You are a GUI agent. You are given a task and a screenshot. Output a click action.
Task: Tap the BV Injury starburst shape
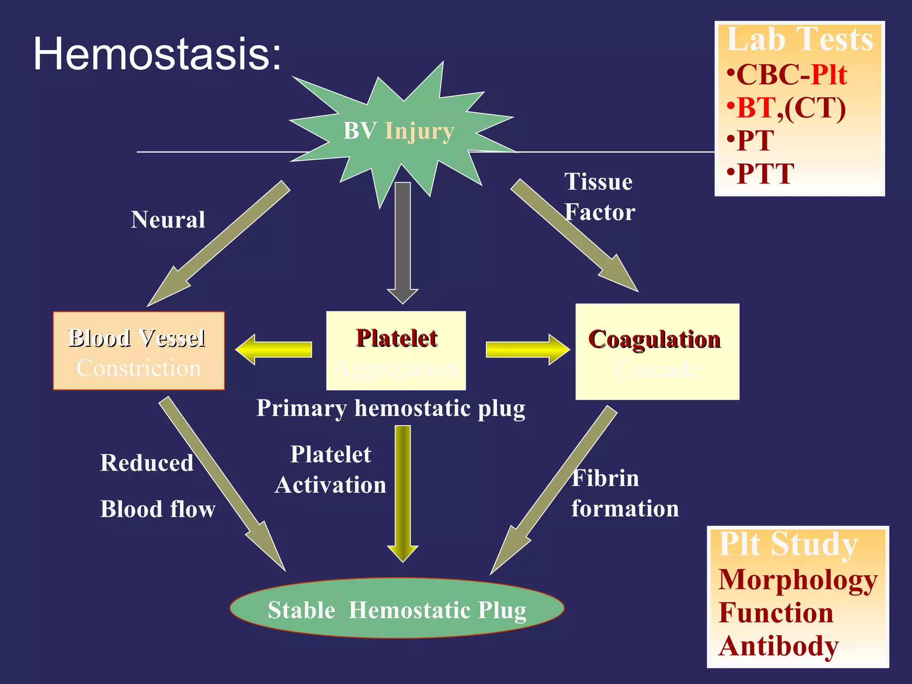coord(399,131)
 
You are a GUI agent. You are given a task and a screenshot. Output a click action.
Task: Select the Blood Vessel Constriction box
coord(138,351)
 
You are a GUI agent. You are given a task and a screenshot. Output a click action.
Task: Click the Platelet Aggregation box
coord(396,351)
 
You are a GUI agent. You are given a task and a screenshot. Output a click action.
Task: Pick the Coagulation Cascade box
coord(657,352)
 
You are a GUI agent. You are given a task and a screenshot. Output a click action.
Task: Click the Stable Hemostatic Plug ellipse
coord(397,608)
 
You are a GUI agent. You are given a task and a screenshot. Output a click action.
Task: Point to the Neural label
coord(168,220)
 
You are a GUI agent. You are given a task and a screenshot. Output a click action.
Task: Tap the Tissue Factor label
coord(599,197)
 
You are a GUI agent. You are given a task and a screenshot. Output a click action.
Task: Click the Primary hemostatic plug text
coord(391,408)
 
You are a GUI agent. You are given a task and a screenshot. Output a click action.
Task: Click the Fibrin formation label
coord(624,493)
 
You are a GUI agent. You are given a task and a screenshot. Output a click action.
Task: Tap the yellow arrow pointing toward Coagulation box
coord(528,350)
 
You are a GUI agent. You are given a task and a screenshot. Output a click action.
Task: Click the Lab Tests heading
coord(799,40)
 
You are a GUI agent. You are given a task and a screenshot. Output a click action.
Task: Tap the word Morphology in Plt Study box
coord(798,580)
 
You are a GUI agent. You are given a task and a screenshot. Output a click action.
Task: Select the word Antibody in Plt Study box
coord(778,646)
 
